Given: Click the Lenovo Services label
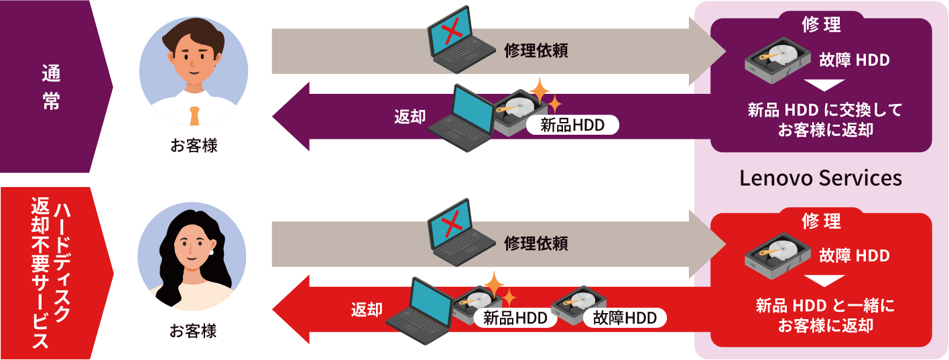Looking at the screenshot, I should (x=820, y=178).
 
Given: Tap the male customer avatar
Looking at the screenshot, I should (x=194, y=72).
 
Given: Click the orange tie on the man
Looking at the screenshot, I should (x=194, y=115).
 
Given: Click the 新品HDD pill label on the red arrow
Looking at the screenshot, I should (x=515, y=318).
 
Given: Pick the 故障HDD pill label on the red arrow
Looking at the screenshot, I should (x=625, y=318).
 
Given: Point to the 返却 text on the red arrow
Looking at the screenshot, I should (x=367, y=309).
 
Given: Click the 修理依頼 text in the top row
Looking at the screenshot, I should (x=536, y=51).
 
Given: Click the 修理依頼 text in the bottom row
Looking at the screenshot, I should (x=536, y=243).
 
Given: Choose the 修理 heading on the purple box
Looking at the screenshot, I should (x=821, y=25).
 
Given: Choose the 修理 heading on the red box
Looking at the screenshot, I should (x=821, y=220).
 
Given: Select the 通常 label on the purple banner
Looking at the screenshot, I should (x=51, y=86).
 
